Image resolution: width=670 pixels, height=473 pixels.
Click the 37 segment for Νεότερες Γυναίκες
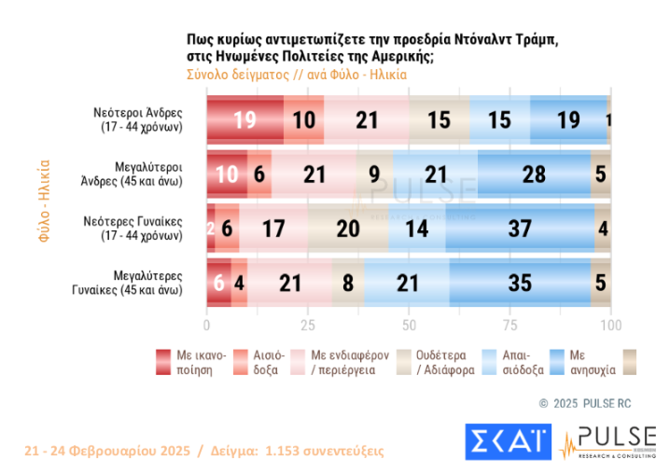tap(520, 228)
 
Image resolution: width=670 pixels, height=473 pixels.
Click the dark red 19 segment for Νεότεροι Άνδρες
tap(244, 119)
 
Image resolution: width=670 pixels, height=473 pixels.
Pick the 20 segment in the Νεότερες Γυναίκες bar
tap(347, 228)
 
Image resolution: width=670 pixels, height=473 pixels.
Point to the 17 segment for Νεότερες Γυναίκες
tap(273, 228)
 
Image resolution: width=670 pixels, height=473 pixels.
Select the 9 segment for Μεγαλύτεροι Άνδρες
tap(374, 174)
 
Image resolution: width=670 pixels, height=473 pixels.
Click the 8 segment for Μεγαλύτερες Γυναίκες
tap(348, 282)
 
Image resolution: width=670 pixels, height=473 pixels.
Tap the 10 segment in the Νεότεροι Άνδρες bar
tap(304, 119)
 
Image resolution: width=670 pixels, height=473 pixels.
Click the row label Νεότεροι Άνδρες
tap(143, 118)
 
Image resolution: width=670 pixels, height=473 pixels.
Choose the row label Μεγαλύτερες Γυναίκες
tap(142, 282)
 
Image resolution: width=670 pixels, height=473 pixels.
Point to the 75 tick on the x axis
tap(509, 325)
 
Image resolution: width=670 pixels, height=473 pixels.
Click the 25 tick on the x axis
tap(307, 325)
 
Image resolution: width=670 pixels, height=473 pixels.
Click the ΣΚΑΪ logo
tap(506, 440)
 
